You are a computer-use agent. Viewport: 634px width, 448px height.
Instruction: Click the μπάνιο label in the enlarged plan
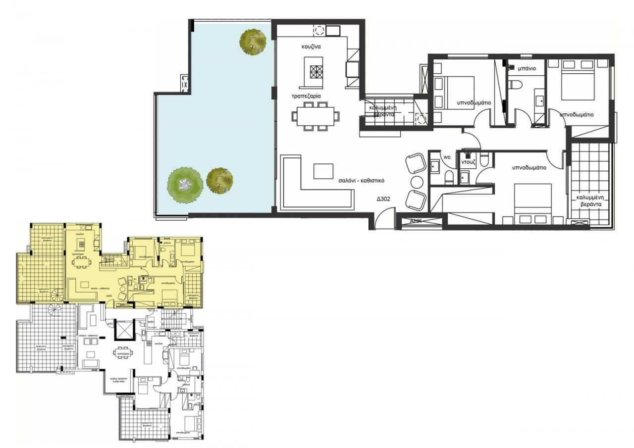(x=525, y=69)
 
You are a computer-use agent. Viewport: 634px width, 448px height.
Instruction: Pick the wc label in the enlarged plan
(x=446, y=157)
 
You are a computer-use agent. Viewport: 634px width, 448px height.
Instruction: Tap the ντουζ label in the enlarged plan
(x=469, y=162)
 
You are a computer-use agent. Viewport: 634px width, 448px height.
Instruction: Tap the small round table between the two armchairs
(x=416, y=182)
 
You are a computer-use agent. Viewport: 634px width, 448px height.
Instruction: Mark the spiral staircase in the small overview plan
(x=57, y=295)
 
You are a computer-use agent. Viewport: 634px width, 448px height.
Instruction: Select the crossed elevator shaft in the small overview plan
(x=123, y=330)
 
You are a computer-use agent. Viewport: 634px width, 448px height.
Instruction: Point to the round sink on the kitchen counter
(x=319, y=31)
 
